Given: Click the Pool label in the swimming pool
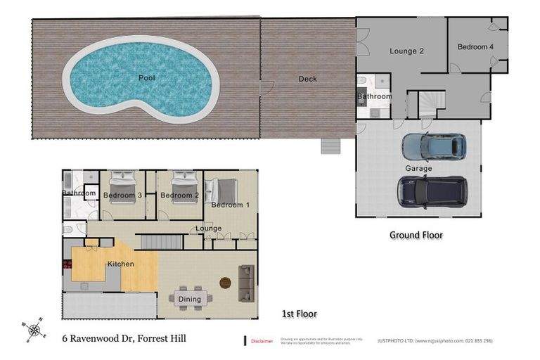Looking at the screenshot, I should [146, 77].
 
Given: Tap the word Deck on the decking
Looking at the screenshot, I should [307, 79].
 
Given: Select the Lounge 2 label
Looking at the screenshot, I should [407, 51].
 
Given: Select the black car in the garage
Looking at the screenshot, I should [432, 191].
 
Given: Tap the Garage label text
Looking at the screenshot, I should [418, 169].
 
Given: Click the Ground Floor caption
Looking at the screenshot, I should [416, 235].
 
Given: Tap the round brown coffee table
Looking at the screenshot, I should [225, 283].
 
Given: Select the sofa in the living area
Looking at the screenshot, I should [246, 283].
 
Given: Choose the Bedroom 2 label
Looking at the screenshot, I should [176, 195].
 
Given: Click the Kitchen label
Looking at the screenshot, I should [120, 264].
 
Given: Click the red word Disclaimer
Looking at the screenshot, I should [262, 341].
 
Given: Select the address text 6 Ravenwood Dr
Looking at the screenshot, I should [123, 339].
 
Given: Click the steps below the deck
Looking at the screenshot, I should [330, 146].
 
